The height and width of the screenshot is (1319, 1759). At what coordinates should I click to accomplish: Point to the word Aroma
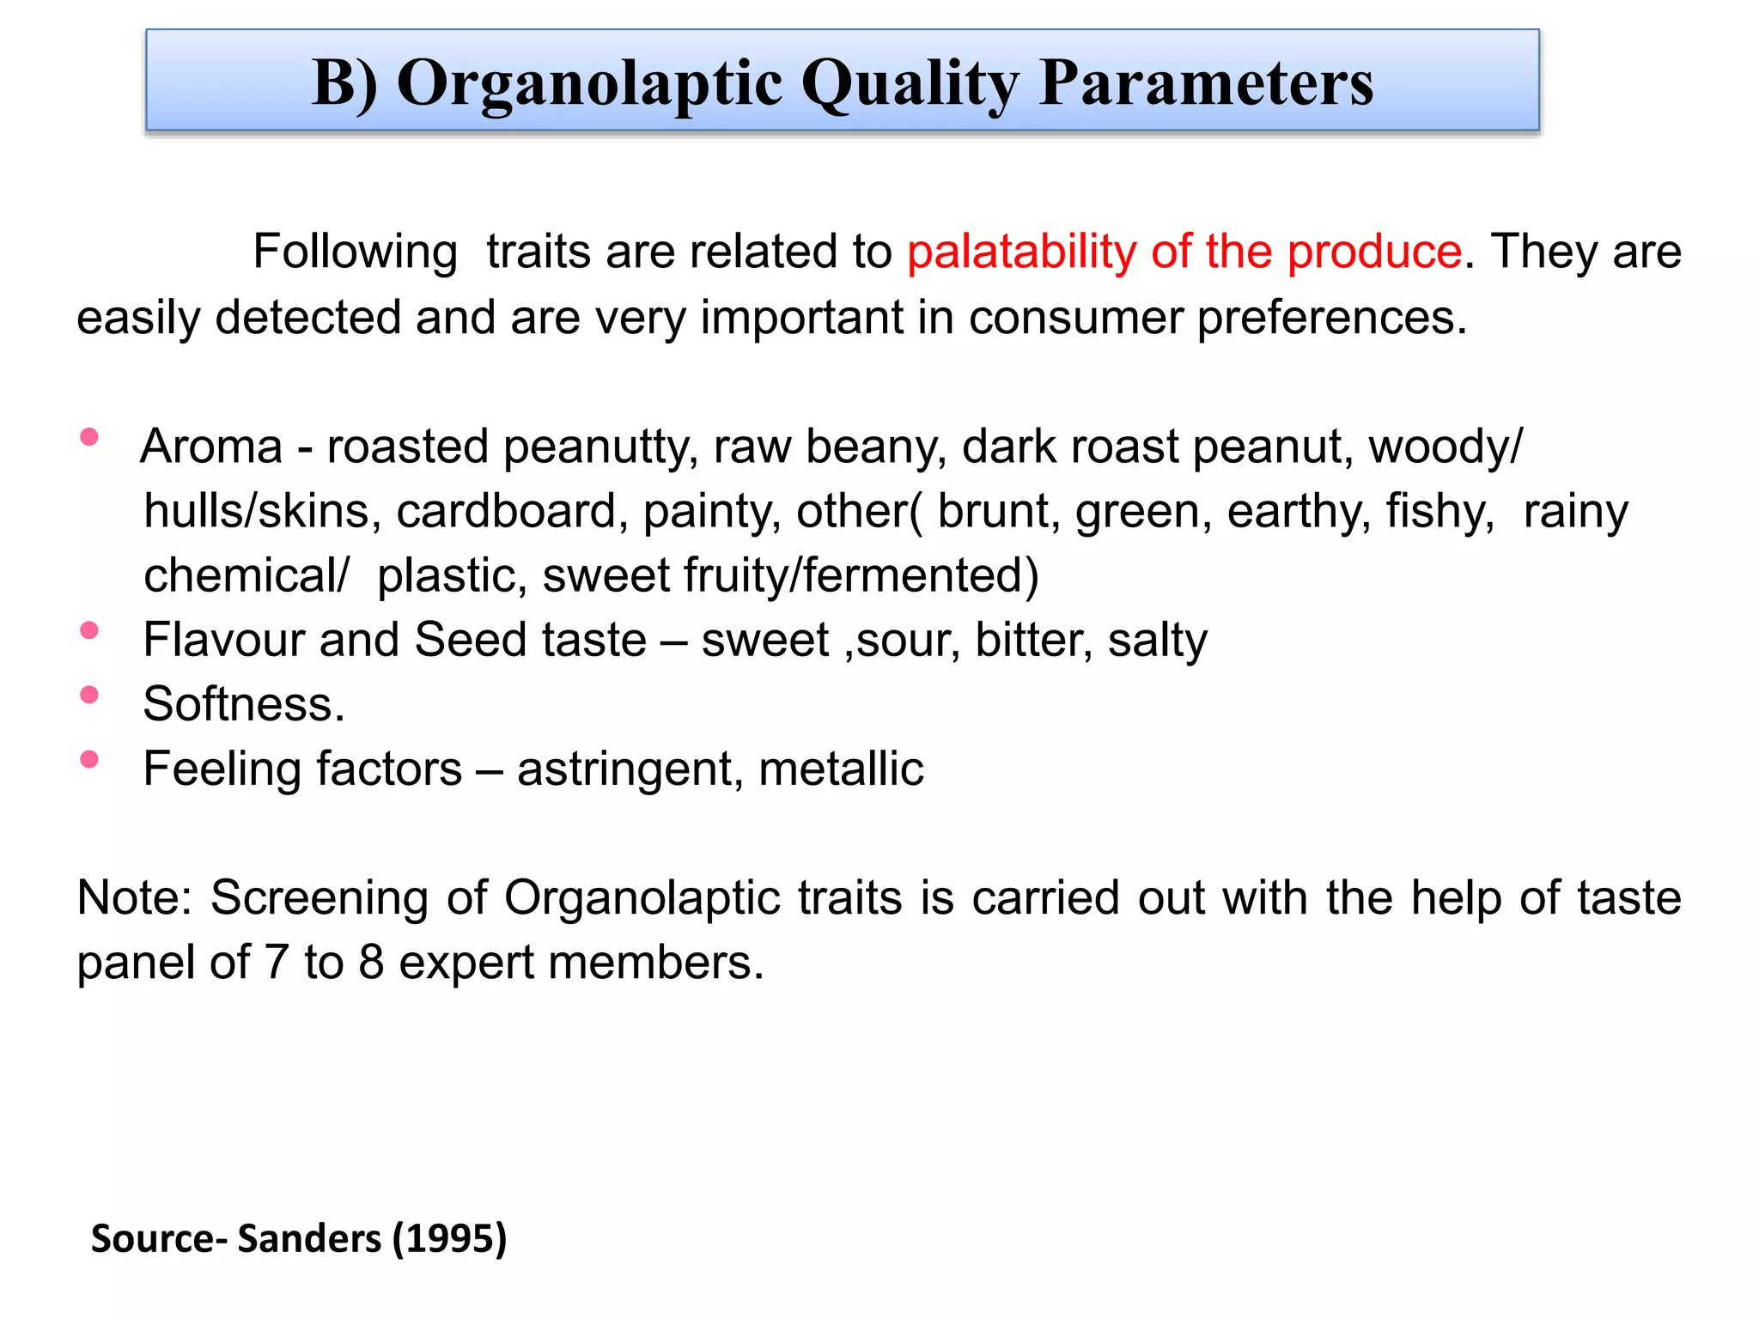pyautogui.click(x=211, y=447)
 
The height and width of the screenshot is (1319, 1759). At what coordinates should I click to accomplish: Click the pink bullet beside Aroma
pyautogui.click(x=88, y=437)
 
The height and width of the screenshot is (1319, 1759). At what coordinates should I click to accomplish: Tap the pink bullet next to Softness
pyautogui.click(x=88, y=695)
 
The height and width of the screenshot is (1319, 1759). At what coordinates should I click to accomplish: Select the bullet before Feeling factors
pyautogui.click(x=88, y=759)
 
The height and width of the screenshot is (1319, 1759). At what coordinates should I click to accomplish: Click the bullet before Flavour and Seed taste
pyautogui.click(x=88, y=630)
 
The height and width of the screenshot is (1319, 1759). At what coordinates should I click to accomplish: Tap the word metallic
pyautogui.click(x=841, y=769)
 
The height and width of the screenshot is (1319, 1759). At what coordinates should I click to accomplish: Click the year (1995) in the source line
pyautogui.click(x=449, y=1238)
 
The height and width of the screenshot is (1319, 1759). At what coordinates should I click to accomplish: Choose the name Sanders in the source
pyautogui.click(x=310, y=1238)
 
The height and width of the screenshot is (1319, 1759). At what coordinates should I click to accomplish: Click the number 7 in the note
pyautogui.click(x=276, y=963)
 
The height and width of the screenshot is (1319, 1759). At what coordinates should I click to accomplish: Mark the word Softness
pyautogui.click(x=243, y=704)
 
